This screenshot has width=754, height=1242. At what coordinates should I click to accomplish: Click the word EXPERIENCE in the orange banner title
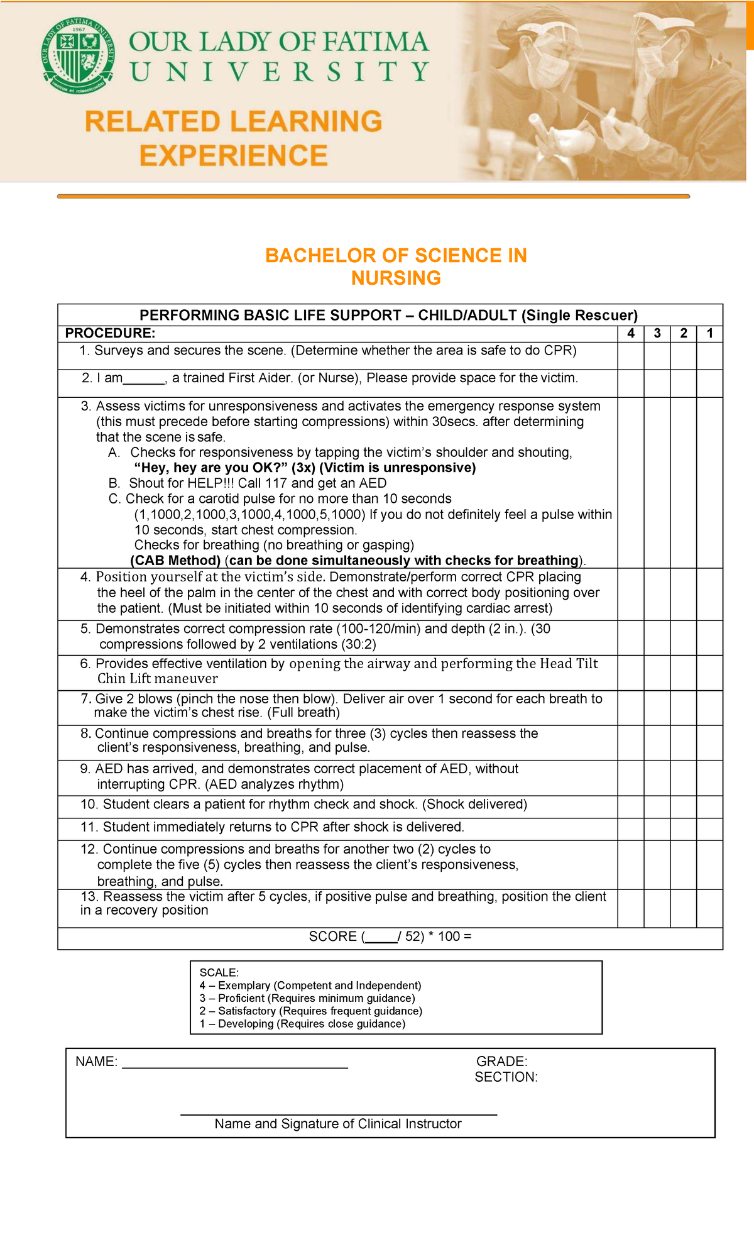pos(234,155)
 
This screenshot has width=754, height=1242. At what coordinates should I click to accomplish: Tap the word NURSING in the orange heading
pos(396,278)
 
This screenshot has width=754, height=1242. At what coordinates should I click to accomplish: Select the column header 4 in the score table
pos(631,333)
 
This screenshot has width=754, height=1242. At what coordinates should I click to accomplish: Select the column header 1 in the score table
pos(709,333)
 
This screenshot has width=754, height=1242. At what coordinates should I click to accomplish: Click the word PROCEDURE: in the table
pos(110,333)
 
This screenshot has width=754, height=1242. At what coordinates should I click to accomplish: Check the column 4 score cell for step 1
pos(631,356)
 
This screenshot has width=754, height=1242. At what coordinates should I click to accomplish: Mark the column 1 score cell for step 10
pos(709,807)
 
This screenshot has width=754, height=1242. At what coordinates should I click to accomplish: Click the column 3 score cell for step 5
pos(657,638)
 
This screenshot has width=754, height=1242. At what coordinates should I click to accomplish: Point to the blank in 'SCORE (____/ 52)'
pos(381,937)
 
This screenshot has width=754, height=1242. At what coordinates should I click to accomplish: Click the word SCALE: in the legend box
pos(219,972)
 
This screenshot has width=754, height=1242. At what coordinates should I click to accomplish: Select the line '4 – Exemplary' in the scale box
pos(310,986)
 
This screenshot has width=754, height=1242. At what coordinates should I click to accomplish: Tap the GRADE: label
pos(501,1062)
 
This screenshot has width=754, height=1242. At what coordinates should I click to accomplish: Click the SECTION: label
pos(506,1077)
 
